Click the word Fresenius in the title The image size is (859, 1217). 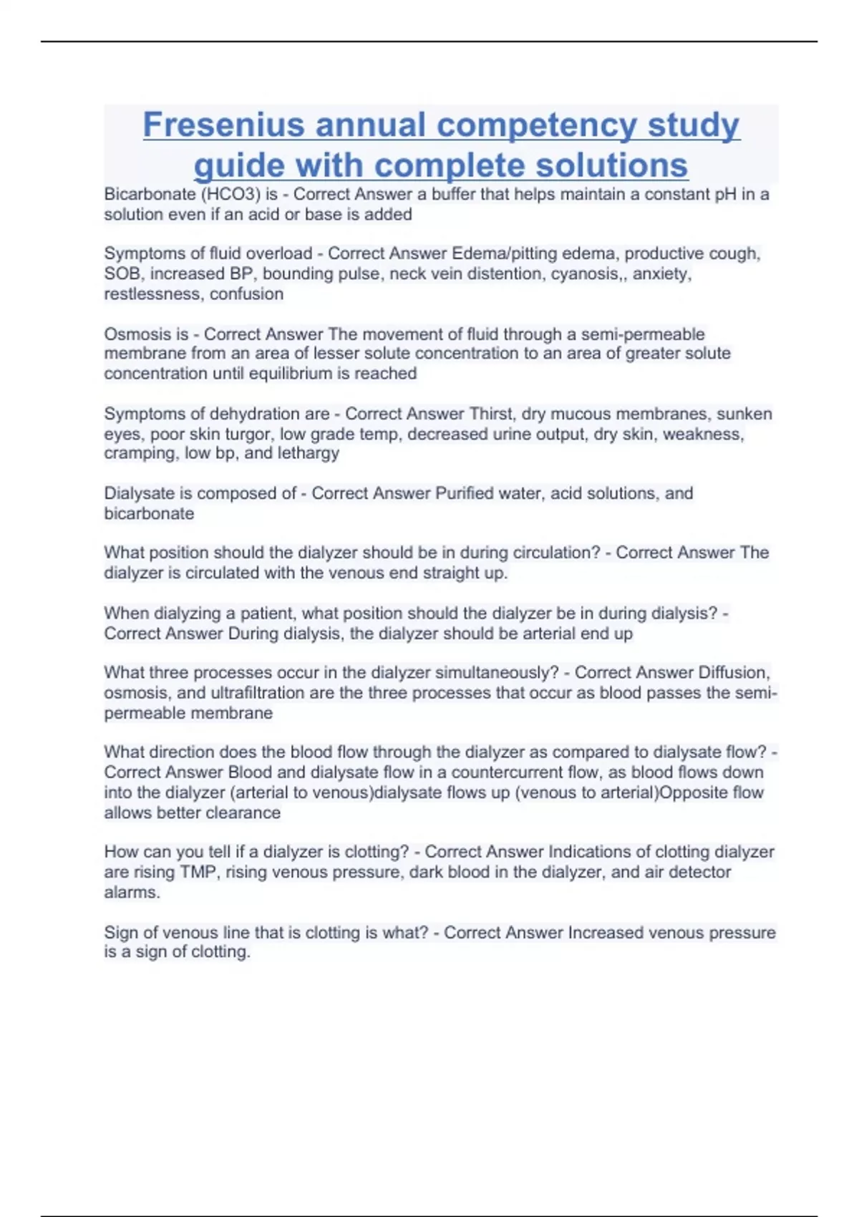click(x=223, y=125)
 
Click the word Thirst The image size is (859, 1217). click(x=491, y=414)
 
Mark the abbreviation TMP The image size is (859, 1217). click(x=198, y=872)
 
